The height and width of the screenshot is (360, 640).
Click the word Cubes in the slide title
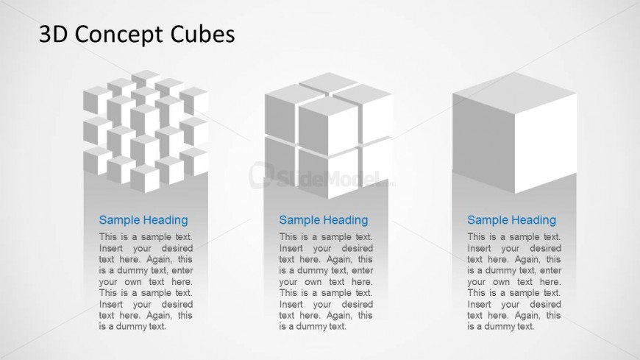(x=202, y=34)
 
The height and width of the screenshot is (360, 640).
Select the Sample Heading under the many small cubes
(x=143, y=220)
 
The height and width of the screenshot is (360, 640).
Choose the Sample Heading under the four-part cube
(x=324, y=220)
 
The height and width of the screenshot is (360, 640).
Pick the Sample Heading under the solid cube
(x=511, y=220)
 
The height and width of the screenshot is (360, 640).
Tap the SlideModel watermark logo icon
(x=261, y=175)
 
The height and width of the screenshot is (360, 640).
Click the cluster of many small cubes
(x=146, y=131)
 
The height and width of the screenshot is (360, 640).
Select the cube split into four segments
(x=329, y=135)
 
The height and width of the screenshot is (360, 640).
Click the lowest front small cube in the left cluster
(x=145, y=179)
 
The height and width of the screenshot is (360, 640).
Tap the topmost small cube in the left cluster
(x=146, y=78)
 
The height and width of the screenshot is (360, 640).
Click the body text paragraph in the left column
(x=146, y=281)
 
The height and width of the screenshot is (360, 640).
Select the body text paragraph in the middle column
(x=326, y=281)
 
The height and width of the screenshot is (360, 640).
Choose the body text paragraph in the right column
(x=514, y=281)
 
